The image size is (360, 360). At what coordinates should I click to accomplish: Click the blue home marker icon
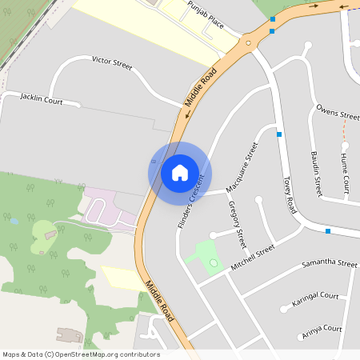click(179, 172)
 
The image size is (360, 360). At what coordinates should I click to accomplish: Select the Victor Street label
click(111, 61)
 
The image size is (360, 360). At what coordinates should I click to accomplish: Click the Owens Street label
click(338, 112)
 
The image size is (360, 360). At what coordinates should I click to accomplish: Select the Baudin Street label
click(315, 174)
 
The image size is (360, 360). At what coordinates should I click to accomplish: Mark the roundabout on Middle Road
click(249, 43)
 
